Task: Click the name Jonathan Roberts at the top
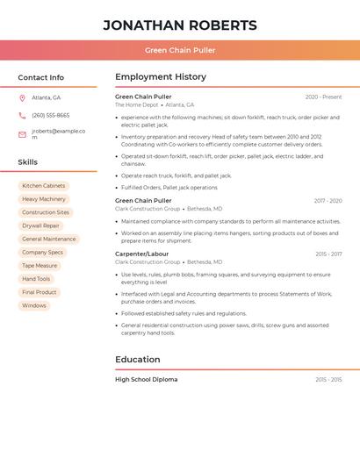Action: [x=180, y=25]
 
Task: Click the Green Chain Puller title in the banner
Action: [x=180, y=50]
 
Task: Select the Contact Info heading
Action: [x=40, y=77]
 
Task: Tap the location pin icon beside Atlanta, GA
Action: [x=22, y=97]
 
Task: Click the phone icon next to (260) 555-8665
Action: [x=22, y=115]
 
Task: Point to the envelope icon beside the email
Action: [x=22, y=134]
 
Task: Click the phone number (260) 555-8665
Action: [x=50, y=115]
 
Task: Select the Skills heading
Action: [x=28, y=162]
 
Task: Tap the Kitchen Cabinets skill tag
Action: [x=44, y=186]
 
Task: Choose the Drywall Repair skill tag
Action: [x=42, y=225]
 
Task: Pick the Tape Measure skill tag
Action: [x=40, y=266]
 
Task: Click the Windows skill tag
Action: [x=34, y=305]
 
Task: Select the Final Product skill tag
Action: [x=40, y=292]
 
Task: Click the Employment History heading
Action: [x=161, y=77]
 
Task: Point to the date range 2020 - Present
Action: [x=323, y=97]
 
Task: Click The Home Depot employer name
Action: [x=136, y=105]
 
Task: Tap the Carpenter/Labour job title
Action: [x=141, y=254]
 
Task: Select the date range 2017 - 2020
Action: [x=328, y=201]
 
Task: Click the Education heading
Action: [x=138, y=360]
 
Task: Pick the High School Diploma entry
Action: [x=146, y=380]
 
